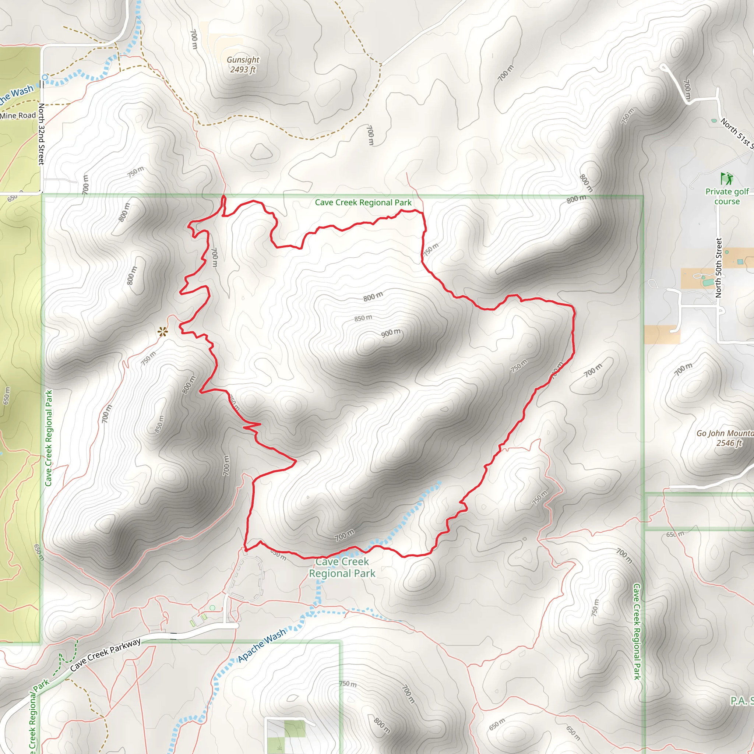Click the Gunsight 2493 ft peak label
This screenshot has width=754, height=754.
pos(243,64)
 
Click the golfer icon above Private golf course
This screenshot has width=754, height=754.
pos(726,179)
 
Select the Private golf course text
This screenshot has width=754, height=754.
pos(727,196)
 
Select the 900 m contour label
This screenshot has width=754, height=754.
pos(391,333)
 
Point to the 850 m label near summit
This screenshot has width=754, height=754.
pos(363,318)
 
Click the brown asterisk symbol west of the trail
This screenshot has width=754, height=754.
pos(163,332)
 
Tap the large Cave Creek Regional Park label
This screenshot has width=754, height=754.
pos(342,567)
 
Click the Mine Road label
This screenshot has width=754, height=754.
pos(18,116)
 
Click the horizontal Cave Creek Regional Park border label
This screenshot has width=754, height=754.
pos(363,202)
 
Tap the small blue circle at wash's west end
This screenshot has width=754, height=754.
pos(45,78)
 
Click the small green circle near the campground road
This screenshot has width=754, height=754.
pos(212,607)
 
